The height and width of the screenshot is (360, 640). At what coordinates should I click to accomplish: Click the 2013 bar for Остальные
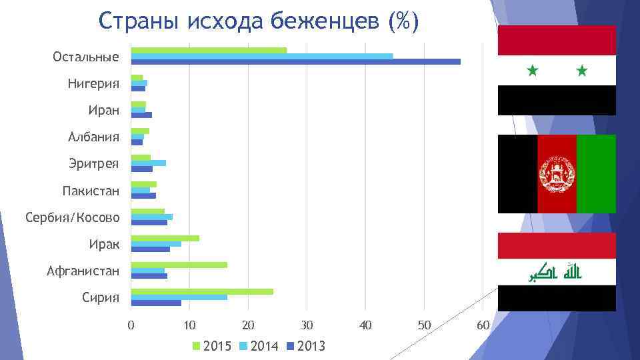(295, 62)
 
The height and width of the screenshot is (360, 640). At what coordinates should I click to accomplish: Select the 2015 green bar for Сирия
(202, 291)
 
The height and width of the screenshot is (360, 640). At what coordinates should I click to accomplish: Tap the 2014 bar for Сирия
(179, 297)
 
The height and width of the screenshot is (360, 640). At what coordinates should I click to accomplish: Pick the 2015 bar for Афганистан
(179, 265)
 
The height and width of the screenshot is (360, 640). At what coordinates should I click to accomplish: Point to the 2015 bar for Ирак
(165, 238)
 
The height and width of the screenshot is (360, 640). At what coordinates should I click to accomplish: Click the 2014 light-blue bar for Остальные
(261, 56)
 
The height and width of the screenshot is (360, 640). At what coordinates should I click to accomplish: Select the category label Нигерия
(93, 83)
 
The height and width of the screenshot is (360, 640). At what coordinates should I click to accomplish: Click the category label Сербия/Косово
(73, 217)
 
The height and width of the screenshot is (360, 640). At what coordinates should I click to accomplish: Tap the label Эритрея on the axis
(93, 163)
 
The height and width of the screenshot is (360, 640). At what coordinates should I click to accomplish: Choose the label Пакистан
(91, 191)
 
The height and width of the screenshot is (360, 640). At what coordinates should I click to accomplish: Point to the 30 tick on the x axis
(306, 325)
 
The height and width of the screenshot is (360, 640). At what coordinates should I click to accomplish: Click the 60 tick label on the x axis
(483, 325)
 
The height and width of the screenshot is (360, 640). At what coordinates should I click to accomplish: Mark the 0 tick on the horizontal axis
(131, 325)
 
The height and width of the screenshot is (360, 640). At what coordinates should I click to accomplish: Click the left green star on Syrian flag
(532, 69)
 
